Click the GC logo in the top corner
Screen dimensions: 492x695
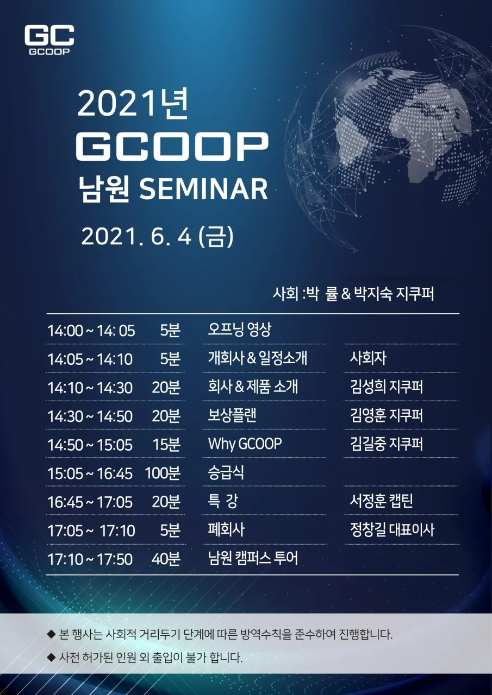pyautogui.click(x=49, y=40)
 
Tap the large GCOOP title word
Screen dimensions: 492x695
pyautogui.click(x=172, y=147)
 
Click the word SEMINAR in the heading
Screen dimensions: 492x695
pyautogui.click(x=204, y=189)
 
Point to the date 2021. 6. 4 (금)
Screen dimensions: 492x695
pyautogui.click(x=157, y=237)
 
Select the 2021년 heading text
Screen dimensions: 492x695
pyautogui.click(x=133, y=103)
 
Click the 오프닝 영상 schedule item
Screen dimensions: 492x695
pyautogui.click(x=240, y=330)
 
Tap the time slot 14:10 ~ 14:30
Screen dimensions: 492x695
pyautogui.click(x=90, y=388)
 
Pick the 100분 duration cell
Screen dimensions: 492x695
pyautogui.click(x=163, y=473)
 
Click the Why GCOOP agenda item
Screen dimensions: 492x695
pyautogui.click(x=245, y=444)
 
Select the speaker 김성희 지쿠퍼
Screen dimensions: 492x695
pyautogui.click(x=387, y=387)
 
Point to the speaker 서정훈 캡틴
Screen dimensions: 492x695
pyautogui.click(x=382, y=501)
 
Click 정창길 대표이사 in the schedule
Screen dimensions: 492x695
pyautogui.click(x=392, y=529)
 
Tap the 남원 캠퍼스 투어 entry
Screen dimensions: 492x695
pyautogui.click(x=253, y=558)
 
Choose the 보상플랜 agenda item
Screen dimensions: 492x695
pyautogui.click(x=232, y=415)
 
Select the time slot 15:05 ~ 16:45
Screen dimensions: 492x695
pyautogui.click(x=90, y=473)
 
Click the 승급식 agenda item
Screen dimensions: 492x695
pyautogui.click(x=226, y=472)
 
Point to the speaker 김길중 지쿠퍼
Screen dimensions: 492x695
pyautogui.click(x=387, y=444)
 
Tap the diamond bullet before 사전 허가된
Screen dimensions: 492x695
pyautogui.click(x=51, y=658)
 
